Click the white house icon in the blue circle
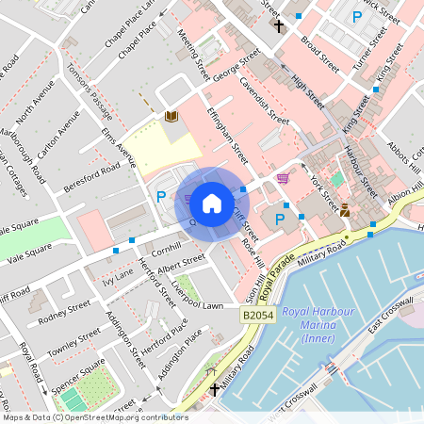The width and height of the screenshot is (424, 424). [212, 202]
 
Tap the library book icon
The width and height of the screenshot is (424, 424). [171, 117]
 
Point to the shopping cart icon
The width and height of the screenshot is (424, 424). [283, 177]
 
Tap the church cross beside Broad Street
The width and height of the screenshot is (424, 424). [278, 24]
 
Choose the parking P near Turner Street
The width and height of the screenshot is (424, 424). [356, 17]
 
